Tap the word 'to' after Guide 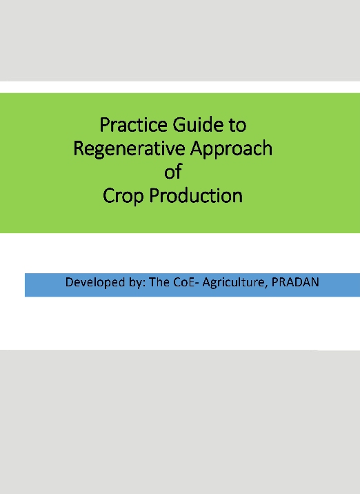237,126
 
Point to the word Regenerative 129,150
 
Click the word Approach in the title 231,150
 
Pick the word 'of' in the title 173,172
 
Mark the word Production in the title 196,196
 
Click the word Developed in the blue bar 95,283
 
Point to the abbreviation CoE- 186,282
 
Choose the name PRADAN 295,282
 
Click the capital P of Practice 105,125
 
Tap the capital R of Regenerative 79,149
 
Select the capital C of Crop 109,196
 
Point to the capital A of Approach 197,149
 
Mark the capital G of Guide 179,125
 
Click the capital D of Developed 69,282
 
